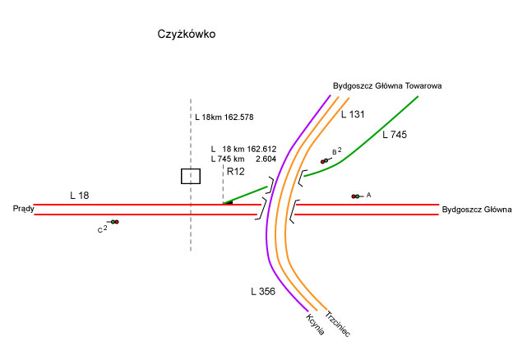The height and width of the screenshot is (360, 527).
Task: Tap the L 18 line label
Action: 80,195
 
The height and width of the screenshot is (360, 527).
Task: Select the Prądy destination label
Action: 22,210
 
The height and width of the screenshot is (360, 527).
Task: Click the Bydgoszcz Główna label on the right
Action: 477,210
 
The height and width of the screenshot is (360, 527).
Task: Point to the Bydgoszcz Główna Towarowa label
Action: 388,85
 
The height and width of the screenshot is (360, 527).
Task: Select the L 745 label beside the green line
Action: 395,134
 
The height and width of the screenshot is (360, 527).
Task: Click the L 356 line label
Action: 263,291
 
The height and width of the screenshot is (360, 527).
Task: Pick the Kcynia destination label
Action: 315,324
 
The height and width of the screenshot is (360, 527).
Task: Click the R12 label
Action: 236,171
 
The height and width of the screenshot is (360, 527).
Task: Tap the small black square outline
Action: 191,176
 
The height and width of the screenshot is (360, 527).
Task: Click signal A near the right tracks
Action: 356,196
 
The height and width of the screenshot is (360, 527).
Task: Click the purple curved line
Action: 268,230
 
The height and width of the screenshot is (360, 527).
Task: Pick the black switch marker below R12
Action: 228,202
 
